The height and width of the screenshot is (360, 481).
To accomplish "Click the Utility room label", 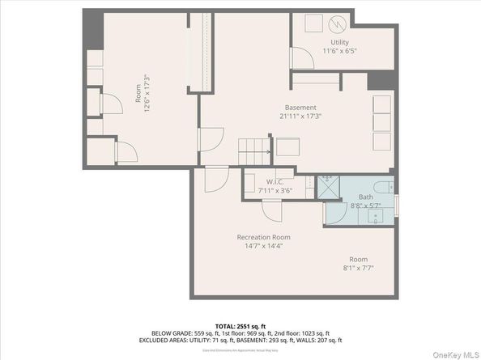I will tap(339, 41).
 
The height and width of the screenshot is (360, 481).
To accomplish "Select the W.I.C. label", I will tap(274, 182).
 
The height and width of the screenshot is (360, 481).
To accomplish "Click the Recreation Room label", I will tap(263, 237).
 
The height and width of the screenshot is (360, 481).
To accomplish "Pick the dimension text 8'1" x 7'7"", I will tap(356, 268).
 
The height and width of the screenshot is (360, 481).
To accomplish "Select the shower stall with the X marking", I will tap(328, 187).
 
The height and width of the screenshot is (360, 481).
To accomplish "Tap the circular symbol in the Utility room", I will tap(339, 23).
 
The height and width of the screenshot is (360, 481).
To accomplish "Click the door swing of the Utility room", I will tap(300, 57).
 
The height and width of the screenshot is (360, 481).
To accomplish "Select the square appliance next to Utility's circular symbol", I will tap(311, 23).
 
